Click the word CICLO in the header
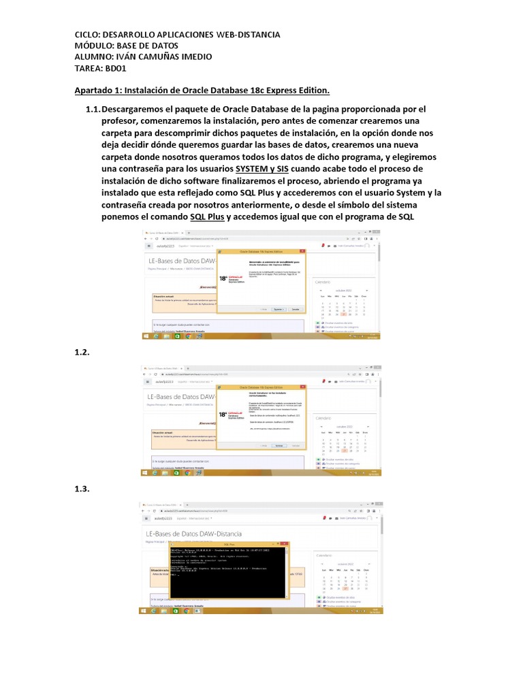tap(86, 35)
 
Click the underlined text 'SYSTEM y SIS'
tap(262, 168)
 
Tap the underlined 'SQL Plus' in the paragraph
tap(207, 217)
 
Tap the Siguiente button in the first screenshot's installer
tap(277, 309)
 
